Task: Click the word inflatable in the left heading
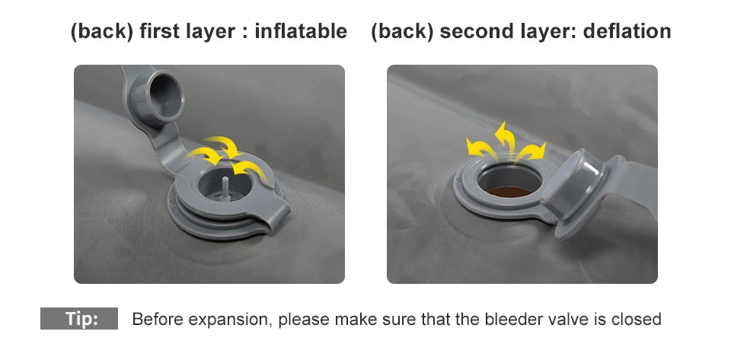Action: [x=301, y=32]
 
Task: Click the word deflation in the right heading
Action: [x=627, y=32]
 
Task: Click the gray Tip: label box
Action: [x=79, y=319]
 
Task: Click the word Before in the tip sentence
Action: [x=158, y=320]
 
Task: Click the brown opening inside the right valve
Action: [x=509, y=191]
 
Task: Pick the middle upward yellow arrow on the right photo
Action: [x=506, y=138]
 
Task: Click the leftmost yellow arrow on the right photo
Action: [x=480, y=148]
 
